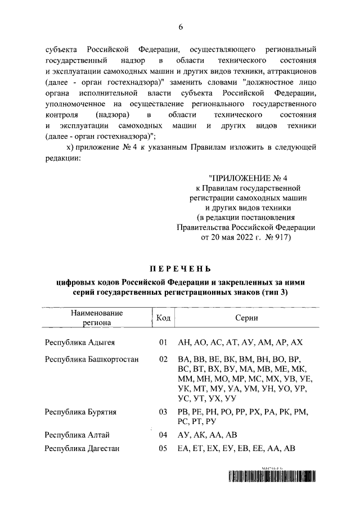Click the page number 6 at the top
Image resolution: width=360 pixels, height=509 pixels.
[181, 27]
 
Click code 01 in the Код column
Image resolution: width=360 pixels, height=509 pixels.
[164, 343]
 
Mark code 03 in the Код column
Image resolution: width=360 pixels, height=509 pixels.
[164, 412]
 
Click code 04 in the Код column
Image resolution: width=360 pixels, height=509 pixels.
[164, 435]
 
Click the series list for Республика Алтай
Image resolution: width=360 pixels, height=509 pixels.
[207, 435]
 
